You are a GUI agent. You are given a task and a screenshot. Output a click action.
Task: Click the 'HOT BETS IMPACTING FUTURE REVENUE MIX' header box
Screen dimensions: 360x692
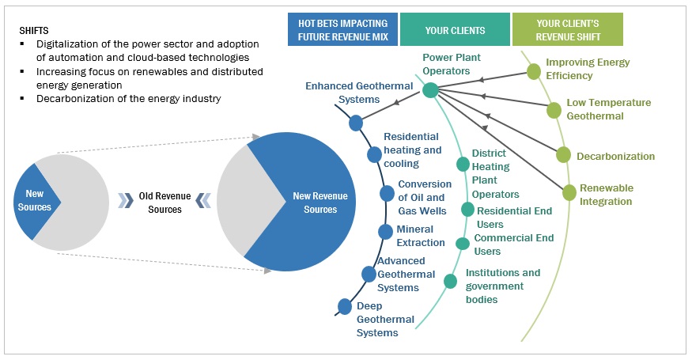click(342, 29)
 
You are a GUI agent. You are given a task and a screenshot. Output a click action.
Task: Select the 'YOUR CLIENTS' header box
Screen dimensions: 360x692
click(455, 29)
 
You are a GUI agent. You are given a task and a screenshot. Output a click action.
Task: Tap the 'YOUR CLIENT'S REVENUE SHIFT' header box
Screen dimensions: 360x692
click(567, 29)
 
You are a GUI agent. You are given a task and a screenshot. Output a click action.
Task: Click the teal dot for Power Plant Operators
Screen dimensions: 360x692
click(430, 90)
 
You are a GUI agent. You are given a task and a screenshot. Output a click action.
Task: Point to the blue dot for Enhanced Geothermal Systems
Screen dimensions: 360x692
click(356, 123)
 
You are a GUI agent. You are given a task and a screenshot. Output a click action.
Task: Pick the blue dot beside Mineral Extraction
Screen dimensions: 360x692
click(384, 231)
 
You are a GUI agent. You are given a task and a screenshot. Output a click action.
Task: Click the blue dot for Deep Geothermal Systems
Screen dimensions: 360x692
click(345, 306)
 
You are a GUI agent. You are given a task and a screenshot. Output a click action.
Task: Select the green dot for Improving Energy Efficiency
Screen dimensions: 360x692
click(534, 72)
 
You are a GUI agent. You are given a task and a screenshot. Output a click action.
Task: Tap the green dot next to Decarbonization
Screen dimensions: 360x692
click(563, 155)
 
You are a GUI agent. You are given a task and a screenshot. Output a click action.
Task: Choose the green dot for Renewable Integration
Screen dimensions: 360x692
click(569, 191)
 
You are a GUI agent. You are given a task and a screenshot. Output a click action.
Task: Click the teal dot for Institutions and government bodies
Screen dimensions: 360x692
click(450, 280)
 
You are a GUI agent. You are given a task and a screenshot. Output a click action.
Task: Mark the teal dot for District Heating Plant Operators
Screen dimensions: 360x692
click(463, 165)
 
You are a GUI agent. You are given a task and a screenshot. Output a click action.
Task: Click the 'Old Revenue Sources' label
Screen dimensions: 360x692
click(165, 203)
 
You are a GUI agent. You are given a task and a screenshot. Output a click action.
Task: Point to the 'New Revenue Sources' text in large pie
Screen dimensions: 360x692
click(315, 203)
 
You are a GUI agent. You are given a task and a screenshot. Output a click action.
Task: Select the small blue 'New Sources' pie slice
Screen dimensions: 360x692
click(33, 201)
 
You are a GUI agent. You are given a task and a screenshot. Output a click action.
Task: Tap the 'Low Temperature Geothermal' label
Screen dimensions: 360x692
click(608, 109)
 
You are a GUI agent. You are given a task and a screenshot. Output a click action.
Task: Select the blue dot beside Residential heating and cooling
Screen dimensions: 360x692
click(374, 155)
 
